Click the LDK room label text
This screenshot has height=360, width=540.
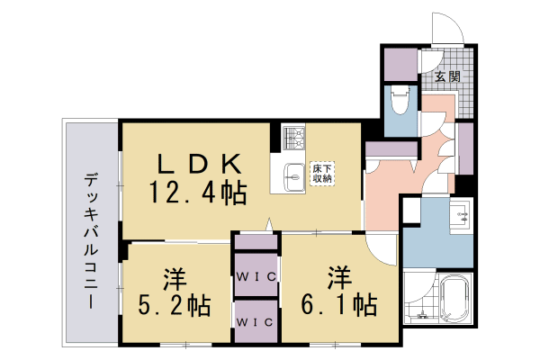pos(200,164)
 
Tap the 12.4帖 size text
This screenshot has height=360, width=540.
pos(199,192)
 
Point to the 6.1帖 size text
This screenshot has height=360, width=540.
pos(339,304)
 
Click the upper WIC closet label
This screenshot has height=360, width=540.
pos(256,275)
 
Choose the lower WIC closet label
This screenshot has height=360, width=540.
pos(256,319)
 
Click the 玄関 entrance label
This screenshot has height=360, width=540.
pos(447,77)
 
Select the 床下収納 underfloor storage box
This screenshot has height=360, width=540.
pos(322,173)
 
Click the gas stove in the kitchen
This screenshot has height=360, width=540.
pos(293,138)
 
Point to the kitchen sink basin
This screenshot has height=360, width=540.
pos(293,176)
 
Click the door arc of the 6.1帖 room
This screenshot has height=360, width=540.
pos(382,248)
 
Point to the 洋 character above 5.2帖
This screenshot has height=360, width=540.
pos(174,274)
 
